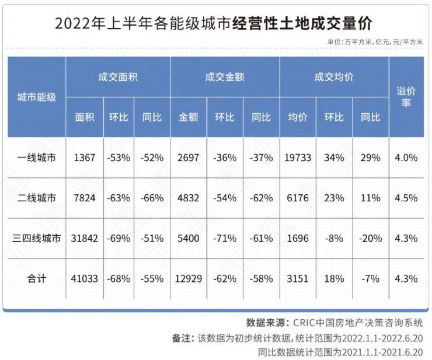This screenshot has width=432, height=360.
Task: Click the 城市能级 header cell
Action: pyautogui.click(x=36, y=97)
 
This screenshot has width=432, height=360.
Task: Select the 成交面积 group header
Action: pyautogui.click(x=118, y=76)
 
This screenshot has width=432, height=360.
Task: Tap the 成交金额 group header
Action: pyautogui.click(x=225, y=76)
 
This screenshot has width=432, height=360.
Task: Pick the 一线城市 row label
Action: pyautogui.click(x=36, y=158)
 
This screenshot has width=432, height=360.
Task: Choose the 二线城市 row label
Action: pyautogui.click(x=36, y=198)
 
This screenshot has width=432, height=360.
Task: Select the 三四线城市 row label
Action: pyautogui.click(x=36, y=238)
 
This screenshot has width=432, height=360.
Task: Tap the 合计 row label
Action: pyautogui.click(x=36, y=278)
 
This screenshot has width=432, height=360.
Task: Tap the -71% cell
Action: pyautogui.click(x=225, y=238)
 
